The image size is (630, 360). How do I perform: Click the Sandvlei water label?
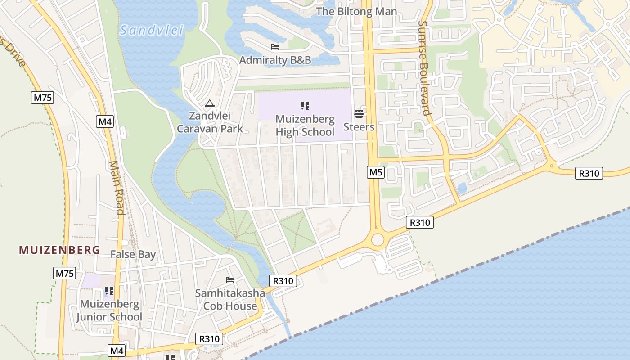pos(152,31)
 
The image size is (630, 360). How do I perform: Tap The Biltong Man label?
pos(357,11)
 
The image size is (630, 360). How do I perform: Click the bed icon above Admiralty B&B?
pos(275,47)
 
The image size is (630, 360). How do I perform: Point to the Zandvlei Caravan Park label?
pos(210,122)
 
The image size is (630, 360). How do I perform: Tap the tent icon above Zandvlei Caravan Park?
pos(209,104)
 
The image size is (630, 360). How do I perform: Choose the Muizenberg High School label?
pos(305,126)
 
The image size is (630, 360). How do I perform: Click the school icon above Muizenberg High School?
pos(305,106)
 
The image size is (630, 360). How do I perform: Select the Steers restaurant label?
pos(359,127)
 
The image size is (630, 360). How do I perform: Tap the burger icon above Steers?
pos(359,113)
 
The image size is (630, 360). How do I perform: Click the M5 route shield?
pos(376,172)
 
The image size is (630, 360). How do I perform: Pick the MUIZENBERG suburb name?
pos(59,250)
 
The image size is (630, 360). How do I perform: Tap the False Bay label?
pos(133,254)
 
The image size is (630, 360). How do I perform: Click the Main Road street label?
pos(117,188)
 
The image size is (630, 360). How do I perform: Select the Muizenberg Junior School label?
pos(109,310)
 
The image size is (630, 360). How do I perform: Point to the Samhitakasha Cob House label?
pos(230,299)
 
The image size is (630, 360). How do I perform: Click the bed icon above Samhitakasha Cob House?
pos(230,280)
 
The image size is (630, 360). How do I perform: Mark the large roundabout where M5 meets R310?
pos(378,240)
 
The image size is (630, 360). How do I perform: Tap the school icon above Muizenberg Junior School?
pos(109,291)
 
